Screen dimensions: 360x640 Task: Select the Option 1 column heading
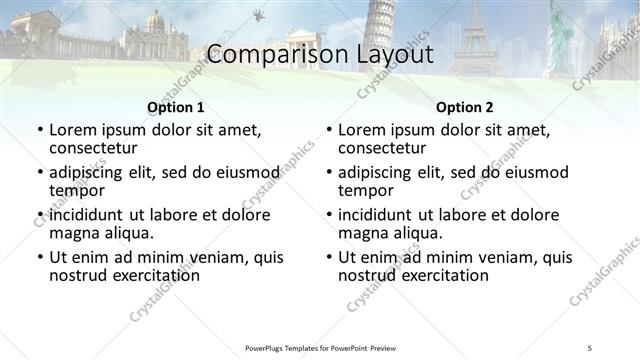(176, 107)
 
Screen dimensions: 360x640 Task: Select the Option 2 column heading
(464, 107)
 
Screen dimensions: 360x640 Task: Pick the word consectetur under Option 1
(96, 149)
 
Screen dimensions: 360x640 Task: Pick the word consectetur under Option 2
(385, 149)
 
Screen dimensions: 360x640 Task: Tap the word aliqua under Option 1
(128, 233)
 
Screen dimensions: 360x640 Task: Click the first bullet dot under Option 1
(39, 131)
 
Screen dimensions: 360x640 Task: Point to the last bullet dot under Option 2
(328, 257)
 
